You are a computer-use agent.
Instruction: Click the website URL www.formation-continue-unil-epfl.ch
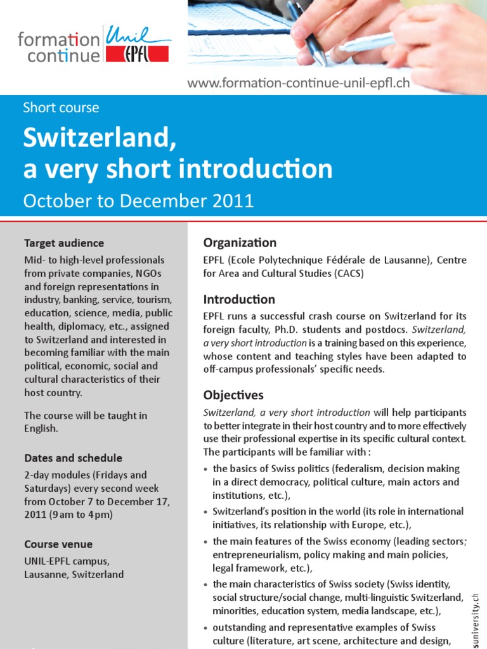pyautogui.click(x=298, y=83)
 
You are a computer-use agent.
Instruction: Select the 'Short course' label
pyautogui.click(x=61, y=108)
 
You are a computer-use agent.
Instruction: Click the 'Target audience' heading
pyautogui.click(x=64, y=243)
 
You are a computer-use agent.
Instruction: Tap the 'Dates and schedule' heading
pyautogui.click(x=73, y=458)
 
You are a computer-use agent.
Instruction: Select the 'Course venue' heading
pyautogui.click(x=58, y=544)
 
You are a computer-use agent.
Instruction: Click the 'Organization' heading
pyautogui.click(x=240, y=243)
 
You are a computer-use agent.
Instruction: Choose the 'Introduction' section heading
pyautogui.click(x=239, y=300)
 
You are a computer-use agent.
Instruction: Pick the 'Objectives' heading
pyautogui.click(x=233, y=395)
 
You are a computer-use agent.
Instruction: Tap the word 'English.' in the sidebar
pyautogui.click(x=41, y=428)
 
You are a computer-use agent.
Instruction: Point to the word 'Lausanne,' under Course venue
pyautogui.click(x=46, y=575)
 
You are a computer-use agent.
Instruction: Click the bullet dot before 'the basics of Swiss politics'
pyautogui.click(x=207, y=470)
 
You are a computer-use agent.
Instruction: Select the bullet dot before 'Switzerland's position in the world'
pyautogui.click(x=207, y=512)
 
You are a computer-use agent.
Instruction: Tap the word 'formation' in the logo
pyautogui.click(x=59, y=41)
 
